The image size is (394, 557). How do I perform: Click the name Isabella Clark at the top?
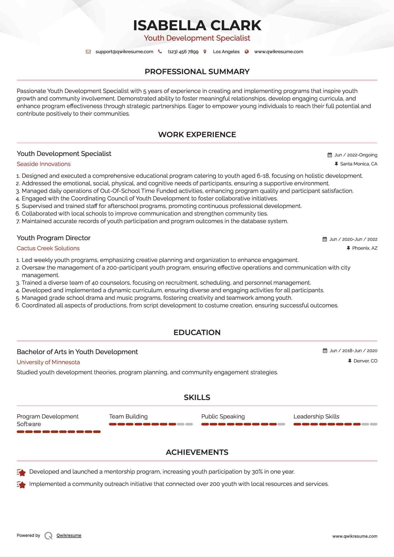[197, 25]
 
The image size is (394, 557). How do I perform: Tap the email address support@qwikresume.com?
[124, 52]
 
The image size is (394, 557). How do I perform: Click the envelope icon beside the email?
[88, 52]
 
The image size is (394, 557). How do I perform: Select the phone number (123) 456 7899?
[183, 52]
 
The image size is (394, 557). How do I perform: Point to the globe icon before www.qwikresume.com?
[247, 52]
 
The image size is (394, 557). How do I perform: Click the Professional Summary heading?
[197, 72]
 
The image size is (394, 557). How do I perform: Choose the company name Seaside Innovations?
[44, 164]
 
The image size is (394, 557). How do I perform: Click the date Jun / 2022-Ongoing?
[356, 155]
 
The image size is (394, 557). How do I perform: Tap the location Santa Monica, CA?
[358, 164]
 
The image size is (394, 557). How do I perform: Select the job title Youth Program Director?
[53, 238]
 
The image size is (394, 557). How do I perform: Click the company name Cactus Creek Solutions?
[48, 248]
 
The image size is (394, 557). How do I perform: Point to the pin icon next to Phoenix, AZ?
[348, 248]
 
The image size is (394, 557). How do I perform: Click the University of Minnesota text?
[48, 362]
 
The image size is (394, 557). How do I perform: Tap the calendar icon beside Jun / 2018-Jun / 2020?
[325, 350]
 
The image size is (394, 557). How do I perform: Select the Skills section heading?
[197, 397]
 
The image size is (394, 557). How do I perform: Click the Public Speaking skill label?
[223, 416]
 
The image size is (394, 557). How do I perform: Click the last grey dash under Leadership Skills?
[374, 424]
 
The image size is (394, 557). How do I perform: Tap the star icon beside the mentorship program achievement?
[21, 472]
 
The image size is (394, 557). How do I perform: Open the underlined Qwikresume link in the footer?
[69, 535]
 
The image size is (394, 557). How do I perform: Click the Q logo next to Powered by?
[48, 535]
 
